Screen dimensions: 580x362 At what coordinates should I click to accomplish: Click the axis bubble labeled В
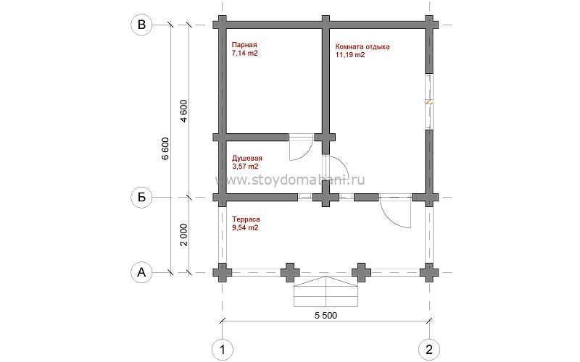[141, 25]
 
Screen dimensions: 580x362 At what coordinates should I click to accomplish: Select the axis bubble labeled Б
[141, 197]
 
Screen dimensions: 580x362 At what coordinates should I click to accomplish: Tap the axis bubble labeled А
[141, 273]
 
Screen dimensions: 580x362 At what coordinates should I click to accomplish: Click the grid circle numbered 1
[223, 349]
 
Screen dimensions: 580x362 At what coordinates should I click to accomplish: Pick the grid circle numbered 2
[429, 349]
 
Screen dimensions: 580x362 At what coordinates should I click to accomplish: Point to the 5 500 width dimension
[326, 315]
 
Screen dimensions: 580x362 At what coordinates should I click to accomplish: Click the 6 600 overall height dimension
[165, 148]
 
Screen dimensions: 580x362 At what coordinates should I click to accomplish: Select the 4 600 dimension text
[184, 111]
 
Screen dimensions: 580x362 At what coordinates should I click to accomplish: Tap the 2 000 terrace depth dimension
[184, 235]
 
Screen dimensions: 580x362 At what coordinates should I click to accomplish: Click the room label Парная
[244, 45]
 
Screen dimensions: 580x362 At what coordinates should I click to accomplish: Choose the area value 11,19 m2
[350, 55]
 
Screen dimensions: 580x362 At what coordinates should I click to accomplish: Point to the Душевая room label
[246, 159]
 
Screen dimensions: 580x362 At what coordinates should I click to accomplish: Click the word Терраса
[246, 219]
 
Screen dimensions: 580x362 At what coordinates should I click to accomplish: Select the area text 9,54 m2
[245, 227]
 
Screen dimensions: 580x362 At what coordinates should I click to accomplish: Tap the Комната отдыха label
[362, 47]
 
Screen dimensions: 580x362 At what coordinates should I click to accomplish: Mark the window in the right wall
[429, 102]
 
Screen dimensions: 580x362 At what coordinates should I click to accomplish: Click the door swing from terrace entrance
[395, 211]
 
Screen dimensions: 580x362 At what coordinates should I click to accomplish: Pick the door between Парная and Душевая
[301, 148]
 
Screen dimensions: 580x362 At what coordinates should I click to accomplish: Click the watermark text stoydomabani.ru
[290, 180]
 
